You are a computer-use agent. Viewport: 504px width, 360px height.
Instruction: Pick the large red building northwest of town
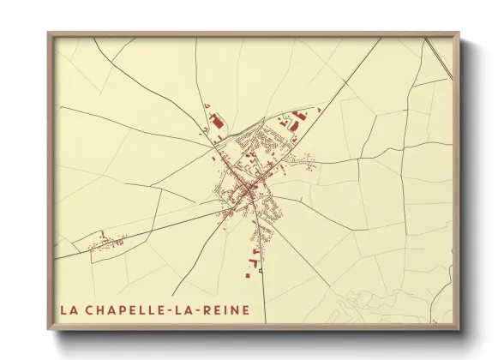(x=218, y=127)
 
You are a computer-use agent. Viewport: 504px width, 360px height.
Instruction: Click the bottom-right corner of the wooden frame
(x=459, y=330)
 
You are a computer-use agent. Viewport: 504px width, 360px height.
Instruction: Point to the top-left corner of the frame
(x=48, y=33)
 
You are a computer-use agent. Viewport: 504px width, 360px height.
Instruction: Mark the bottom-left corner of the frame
(x=48, y=330)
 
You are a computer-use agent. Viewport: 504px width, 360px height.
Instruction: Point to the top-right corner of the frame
(x=459, y=33)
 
